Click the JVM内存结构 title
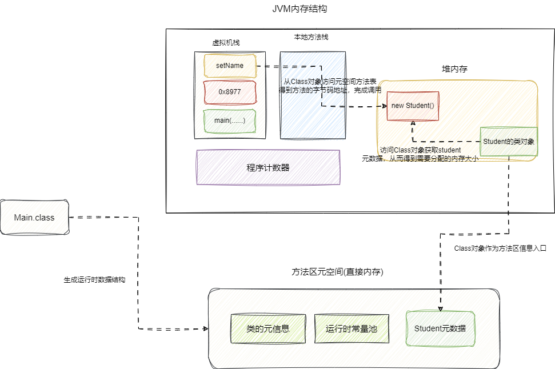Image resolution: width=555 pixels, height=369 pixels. [300, 10]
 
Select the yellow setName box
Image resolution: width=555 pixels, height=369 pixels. [230, 66]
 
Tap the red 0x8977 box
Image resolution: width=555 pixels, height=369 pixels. [230, 92]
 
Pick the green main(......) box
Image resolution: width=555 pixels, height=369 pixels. [230, 121]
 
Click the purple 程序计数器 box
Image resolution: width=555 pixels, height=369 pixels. [268, 167]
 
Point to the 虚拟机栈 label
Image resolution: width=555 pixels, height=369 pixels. [226, 43]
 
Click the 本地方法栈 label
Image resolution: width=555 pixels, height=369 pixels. [311, 37]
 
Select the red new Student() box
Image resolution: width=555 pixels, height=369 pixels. [413, 106]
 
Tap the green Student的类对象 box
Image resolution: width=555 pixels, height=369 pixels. [509, 142]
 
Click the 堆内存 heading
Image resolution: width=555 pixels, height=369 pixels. [455, 69]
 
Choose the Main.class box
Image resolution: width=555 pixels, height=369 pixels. [34, 217]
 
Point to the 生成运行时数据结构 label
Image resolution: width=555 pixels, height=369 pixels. [94, 280]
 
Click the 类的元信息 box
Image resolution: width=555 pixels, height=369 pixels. [267, 328]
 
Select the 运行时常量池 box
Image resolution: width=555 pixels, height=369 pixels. [351, 328]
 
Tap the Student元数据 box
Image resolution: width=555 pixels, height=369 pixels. [440, 328]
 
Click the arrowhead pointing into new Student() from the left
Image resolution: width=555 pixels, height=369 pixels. [384, 106]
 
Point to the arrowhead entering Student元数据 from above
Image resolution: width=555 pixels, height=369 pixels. [441, 308]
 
